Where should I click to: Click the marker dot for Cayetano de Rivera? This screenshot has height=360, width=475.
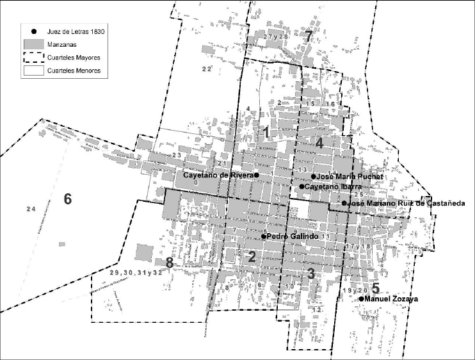256,175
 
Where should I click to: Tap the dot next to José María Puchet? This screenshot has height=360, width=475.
313,176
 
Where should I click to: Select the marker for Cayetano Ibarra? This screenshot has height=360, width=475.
302,186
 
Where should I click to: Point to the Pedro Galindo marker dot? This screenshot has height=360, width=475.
263,236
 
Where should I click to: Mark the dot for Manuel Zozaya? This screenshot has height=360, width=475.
361,299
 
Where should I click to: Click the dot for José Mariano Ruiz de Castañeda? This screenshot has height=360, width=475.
344,204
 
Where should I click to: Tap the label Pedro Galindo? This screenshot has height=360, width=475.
293,236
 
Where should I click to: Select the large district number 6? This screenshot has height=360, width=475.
67,199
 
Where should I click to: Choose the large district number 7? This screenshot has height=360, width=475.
309,37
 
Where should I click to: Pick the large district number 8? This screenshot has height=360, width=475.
169,263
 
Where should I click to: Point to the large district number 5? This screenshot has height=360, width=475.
375,288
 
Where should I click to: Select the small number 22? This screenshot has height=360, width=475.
206,69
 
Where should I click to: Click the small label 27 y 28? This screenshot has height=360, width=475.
277,37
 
